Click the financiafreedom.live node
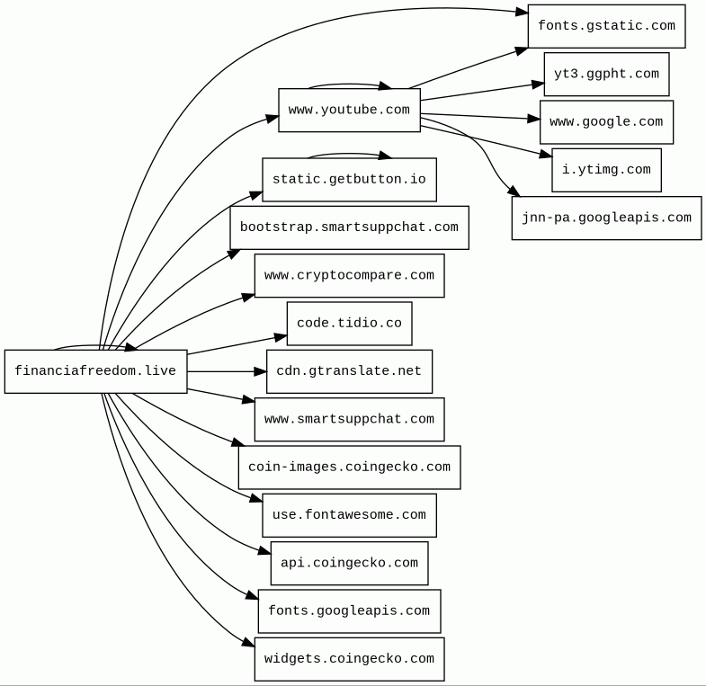95,371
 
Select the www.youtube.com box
349,110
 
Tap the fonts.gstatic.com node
606,26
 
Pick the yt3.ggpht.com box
606,74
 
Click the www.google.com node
606,122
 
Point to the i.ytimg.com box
606,170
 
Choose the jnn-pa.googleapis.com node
606,218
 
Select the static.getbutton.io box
349,180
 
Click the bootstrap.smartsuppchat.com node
349,227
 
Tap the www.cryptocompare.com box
349,276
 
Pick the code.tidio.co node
349,324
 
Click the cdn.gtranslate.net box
349,371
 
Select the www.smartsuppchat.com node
349,420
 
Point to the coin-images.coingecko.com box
349,468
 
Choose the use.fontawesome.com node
349,515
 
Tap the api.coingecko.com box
349,564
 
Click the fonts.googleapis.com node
349,611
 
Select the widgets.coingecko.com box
349,659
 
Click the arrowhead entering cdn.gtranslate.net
260,371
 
